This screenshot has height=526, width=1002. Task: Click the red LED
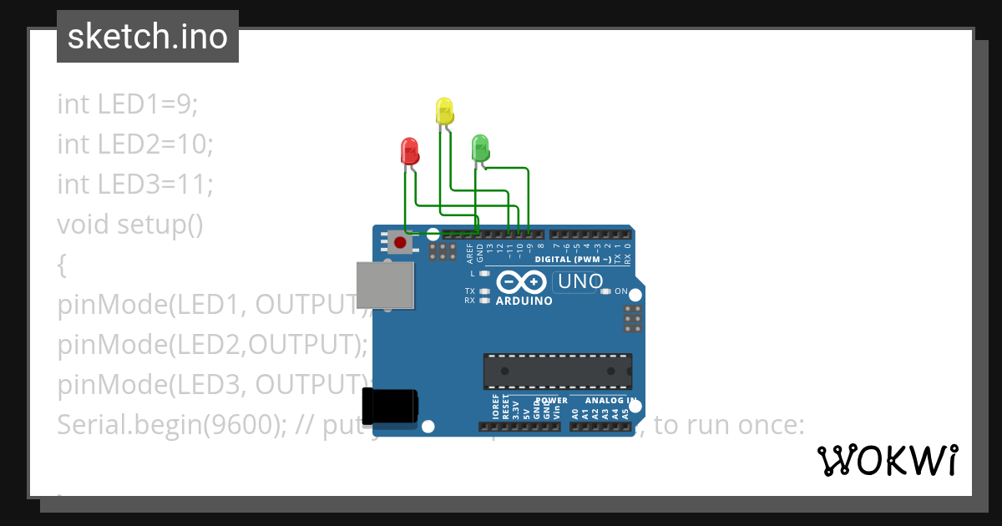pos(410,151)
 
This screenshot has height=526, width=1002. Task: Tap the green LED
pos(480,148)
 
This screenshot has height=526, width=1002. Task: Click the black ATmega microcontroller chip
pos(557,372)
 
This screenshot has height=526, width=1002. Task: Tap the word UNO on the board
pos(581,282)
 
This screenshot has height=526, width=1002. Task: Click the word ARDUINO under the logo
pos(524,301)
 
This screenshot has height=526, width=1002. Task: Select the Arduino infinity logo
pos(524,282)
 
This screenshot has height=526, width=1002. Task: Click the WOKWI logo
pos(887,460)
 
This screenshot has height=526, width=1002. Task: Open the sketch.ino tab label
pos(148,37)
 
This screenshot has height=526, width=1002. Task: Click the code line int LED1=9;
pos(128,104)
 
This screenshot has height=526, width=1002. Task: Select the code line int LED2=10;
pos(135,144)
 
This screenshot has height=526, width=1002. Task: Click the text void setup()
pos(130,224)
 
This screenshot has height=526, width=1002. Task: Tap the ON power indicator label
pos(621,291)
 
